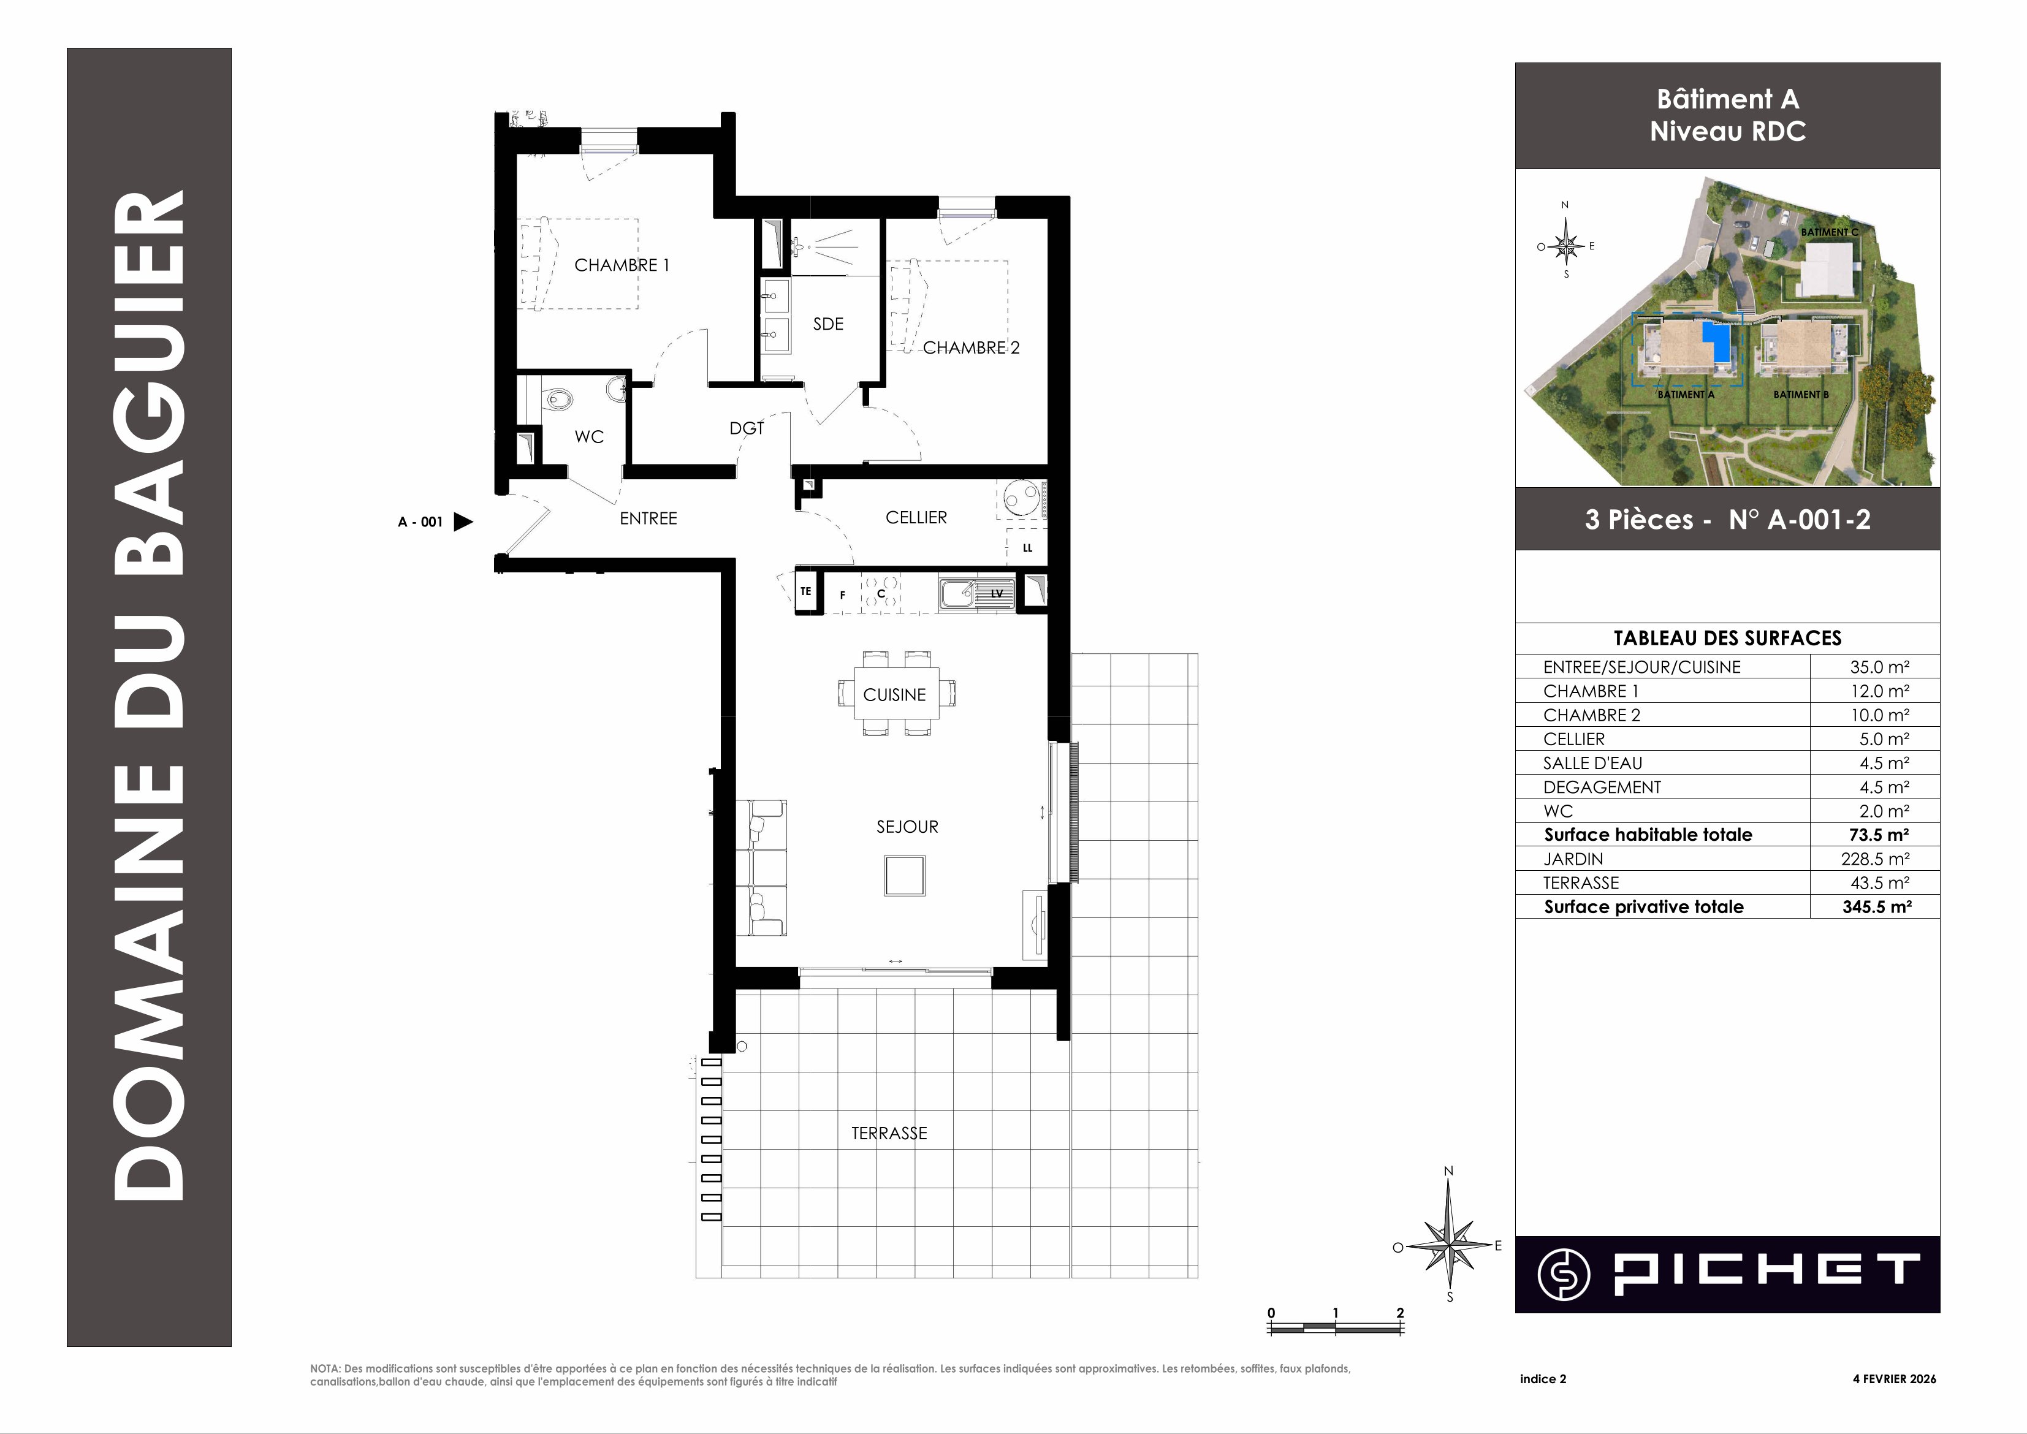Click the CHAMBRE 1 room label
[x=622, y=265]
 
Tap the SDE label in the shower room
[x=829, y=324]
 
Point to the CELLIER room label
[x=916, y=517]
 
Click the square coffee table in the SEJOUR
[x=905, y=875]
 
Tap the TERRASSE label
[x=889, y=1133]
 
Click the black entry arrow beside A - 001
[x=463, y=522]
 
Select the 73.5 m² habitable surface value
[x=1877, y=835]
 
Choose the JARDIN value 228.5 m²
[x=1875, y=859]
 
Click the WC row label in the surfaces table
[x=1558, y=811]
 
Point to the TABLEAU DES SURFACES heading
[x=1728, y=637]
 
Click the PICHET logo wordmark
[x=1766, y=1273]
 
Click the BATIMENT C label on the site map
[x=1829, y=232]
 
